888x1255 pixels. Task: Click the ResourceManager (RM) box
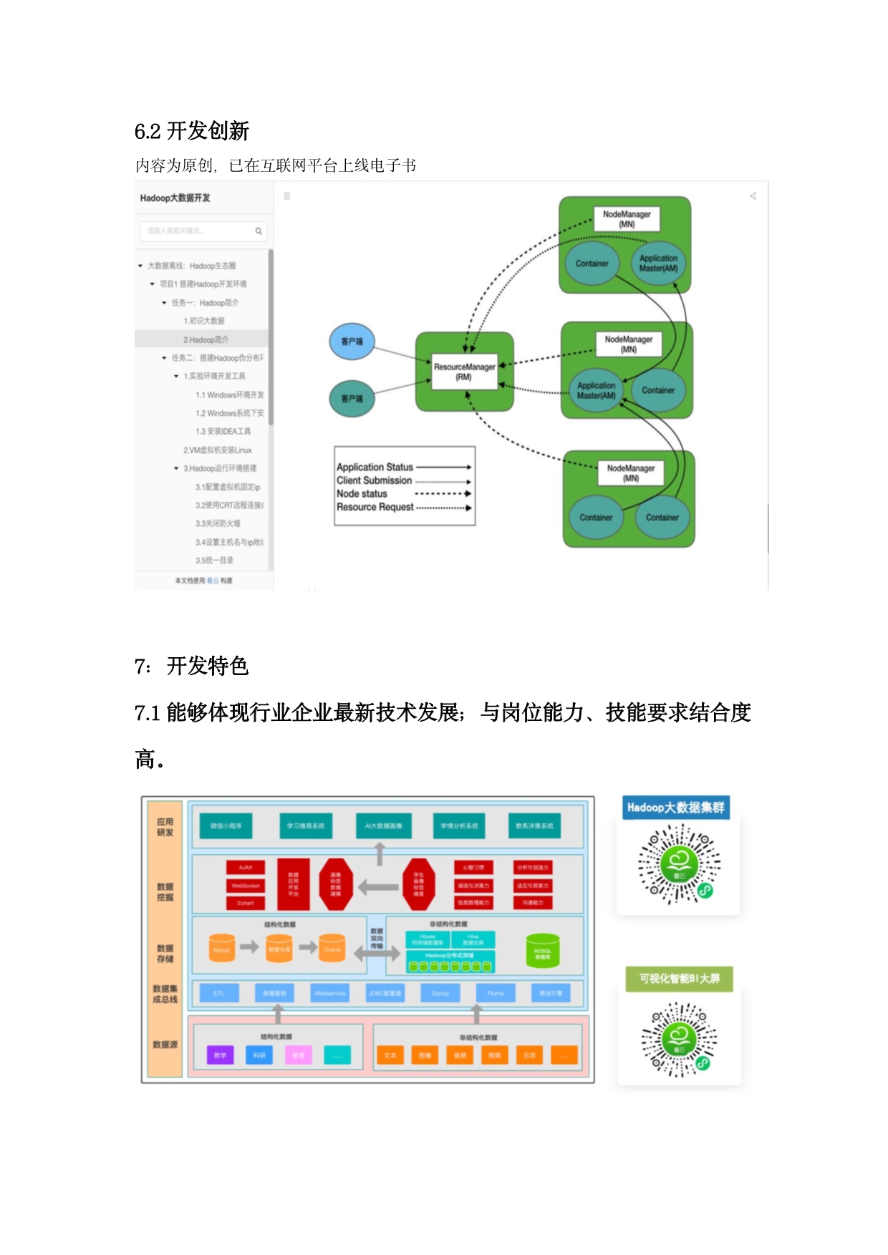tap(464, 372)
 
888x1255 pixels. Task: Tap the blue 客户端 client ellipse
tap(352, 341)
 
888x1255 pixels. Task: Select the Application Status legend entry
tap(375, 467)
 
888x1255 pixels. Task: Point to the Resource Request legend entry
tap(375, 507)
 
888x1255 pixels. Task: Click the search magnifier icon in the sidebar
tap(259, 231)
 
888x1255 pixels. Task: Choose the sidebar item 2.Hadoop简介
tap(206, 339)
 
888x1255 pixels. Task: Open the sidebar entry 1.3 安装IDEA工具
tap(223, 432)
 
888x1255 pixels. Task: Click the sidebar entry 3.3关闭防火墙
tap(218, 523)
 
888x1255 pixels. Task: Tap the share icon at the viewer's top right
tap(753, 195)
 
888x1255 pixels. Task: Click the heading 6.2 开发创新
tap(191, 131)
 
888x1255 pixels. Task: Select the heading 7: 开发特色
tap(191, 666)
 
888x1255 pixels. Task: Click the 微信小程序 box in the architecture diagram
tap(226, 825)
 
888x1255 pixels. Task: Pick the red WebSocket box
tap(246, 886)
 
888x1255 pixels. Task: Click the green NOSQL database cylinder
tap(543, 951)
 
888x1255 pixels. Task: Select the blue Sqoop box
tap(440, 993)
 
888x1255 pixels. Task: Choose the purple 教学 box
tap(220, 1055)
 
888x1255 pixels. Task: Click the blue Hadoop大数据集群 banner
tap(676, 808)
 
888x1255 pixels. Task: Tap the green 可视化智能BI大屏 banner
tap(679, 979)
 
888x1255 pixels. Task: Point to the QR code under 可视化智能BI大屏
tap(679, 1039)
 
